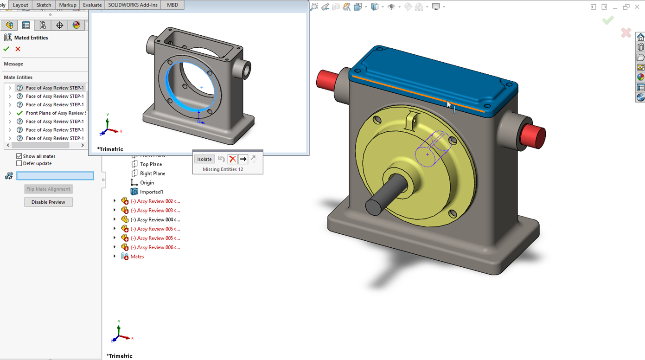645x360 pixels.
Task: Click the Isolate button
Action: pos(204,159)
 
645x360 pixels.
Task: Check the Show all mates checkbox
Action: pos(19,156)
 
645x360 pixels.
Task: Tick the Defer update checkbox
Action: pos(19,163)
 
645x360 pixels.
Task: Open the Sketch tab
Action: pos(44,5)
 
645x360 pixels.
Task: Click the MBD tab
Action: pos(172,5)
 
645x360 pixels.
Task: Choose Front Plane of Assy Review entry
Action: pos(55,113)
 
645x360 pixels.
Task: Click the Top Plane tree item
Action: pos(151,164)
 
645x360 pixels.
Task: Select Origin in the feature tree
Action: pos(147,183)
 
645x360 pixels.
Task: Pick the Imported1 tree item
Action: pos(151,192)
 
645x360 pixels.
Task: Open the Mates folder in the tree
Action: pos(137,257)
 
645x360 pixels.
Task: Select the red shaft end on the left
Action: pos(327,79)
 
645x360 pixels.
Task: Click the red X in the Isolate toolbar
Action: pos(232,159)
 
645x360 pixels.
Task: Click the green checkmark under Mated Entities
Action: pos(6,49)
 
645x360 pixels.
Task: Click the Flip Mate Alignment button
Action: pos(48,189)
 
